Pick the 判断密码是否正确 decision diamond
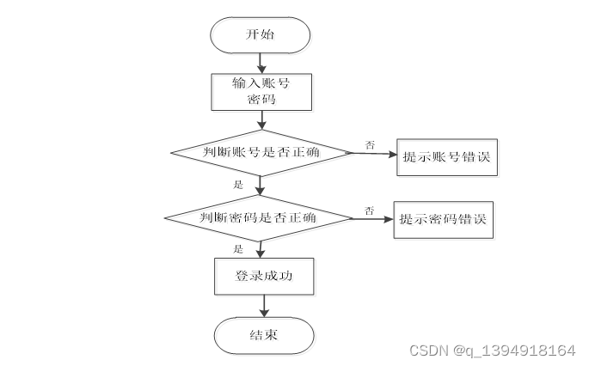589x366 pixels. pos(259,217)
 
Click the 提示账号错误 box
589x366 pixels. pos(447,158)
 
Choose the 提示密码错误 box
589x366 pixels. pos(444,219)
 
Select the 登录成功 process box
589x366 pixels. pos(261,276)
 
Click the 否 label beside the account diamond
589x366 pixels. pos(370,144)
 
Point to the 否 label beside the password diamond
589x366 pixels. pos(369,209)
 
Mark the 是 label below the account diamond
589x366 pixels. pos(238,185)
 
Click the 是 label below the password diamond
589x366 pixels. pos(238,248)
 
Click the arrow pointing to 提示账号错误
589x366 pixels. pos(375,156)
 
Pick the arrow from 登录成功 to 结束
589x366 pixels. pos(262,304)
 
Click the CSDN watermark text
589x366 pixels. pos(491,350)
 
